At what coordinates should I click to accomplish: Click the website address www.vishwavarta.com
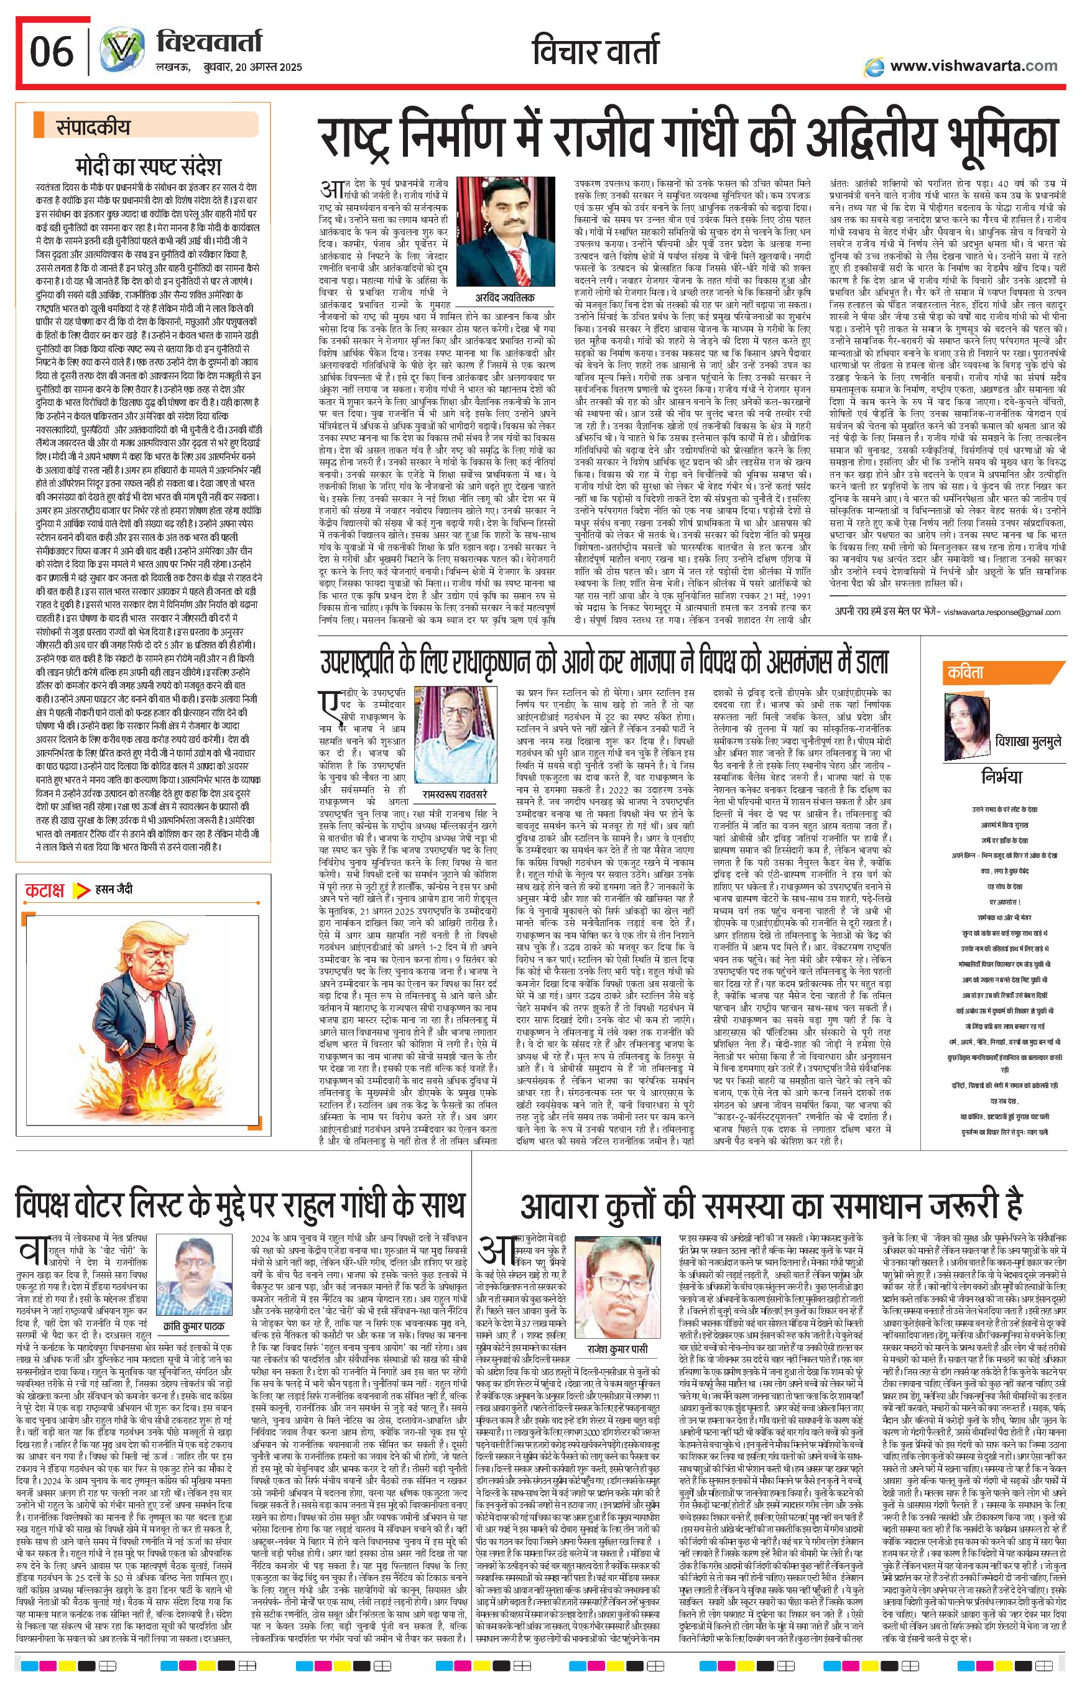pos(973,66)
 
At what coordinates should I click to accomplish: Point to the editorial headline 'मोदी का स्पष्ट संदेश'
pos(149,167)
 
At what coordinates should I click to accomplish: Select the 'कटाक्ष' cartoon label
pos(44,890)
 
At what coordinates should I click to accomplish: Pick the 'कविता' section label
pos(965,672)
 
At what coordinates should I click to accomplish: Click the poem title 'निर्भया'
pos(1001,777)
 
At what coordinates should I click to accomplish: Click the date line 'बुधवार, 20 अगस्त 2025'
pos(228,67)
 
